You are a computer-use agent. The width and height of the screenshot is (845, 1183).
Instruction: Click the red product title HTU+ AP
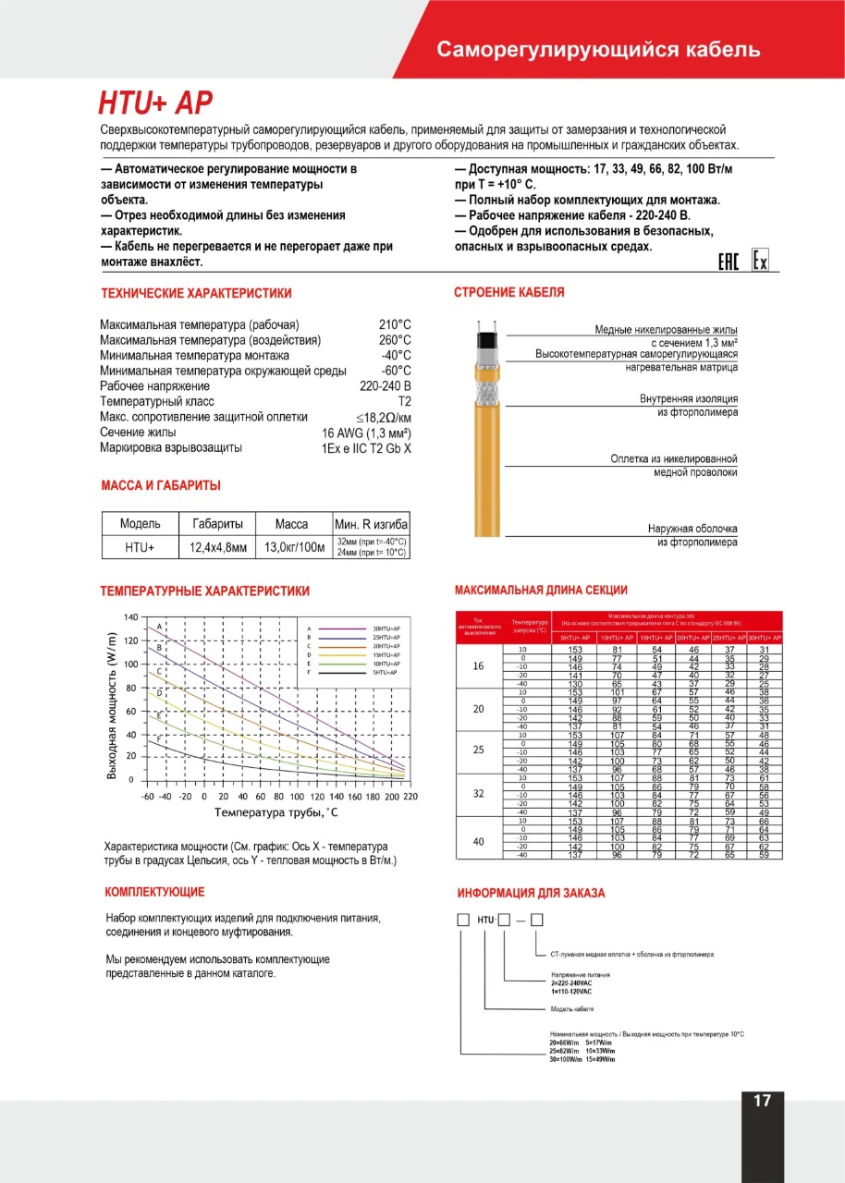[155, 103]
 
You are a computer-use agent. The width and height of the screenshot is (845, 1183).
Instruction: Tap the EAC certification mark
[729, 262]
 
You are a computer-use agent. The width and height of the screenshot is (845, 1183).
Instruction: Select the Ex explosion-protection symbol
[759, 262]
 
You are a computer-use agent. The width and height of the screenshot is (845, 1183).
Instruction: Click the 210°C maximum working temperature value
[395, 325]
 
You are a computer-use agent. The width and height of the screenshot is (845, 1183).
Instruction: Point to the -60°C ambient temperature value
[395, 371]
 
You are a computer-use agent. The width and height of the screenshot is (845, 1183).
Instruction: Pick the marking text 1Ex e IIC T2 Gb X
[361, 448]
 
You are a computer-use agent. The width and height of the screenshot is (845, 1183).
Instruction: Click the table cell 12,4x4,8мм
[218, 547]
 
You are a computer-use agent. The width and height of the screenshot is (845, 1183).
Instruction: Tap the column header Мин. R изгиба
[371, 524]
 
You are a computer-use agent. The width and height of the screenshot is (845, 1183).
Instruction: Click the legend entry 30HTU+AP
[386, 628]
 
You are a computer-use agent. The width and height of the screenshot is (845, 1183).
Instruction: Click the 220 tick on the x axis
[410, 796]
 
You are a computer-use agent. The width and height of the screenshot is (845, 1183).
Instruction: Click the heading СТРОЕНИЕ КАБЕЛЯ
[508, 293]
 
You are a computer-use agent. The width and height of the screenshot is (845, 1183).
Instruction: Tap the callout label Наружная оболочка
[692, 530]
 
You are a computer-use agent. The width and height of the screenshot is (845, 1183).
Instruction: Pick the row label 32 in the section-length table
[478, 793]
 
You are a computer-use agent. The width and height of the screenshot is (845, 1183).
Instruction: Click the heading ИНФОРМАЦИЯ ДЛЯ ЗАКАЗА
[531, 893]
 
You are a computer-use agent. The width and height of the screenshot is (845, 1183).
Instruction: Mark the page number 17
[762, 1101]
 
